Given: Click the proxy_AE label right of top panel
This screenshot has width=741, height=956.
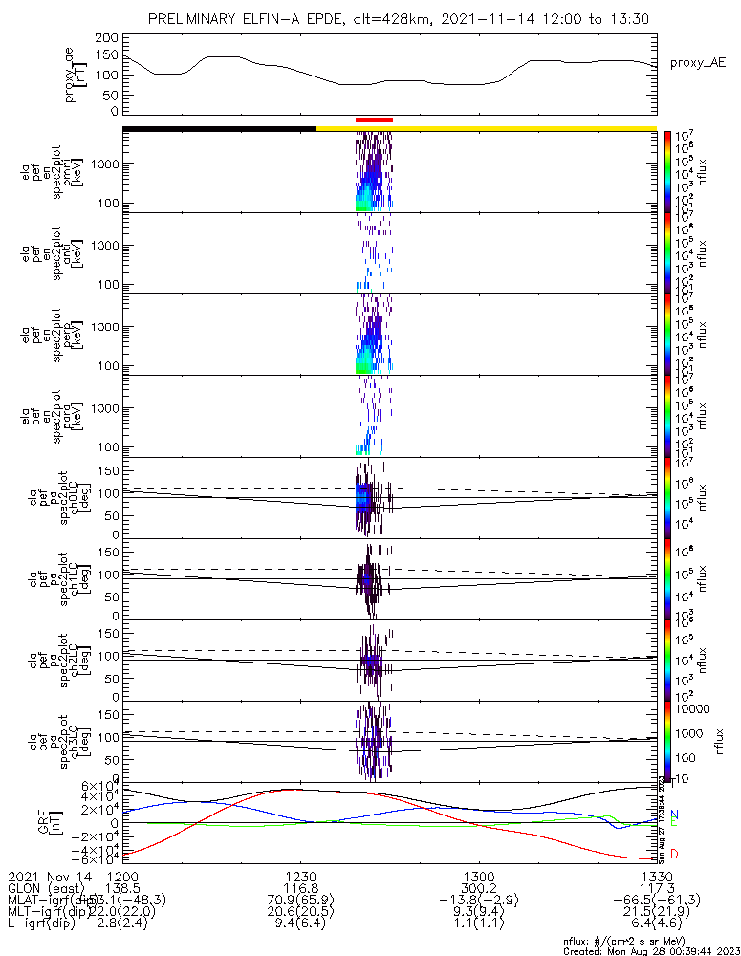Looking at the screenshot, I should tap(697, 63).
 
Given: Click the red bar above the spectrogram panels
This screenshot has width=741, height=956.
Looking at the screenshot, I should tap(374, 119).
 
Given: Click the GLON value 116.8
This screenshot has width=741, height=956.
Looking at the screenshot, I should tap(300, 888).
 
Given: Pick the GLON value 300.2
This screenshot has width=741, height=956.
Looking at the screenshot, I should tap(478, 888).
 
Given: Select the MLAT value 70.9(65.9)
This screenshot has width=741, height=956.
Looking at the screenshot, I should tap(300, 901).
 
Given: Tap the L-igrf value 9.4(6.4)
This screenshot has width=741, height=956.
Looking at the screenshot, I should tap(300, 925).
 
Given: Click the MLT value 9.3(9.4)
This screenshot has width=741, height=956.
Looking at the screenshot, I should tap(478, 913).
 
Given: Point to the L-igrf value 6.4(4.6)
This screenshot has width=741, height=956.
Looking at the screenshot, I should tap(656, 925).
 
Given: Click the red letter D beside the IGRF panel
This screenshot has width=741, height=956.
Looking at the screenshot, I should tap(674, 854).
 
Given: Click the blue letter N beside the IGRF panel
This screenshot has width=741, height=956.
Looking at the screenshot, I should tap(674, 814).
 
